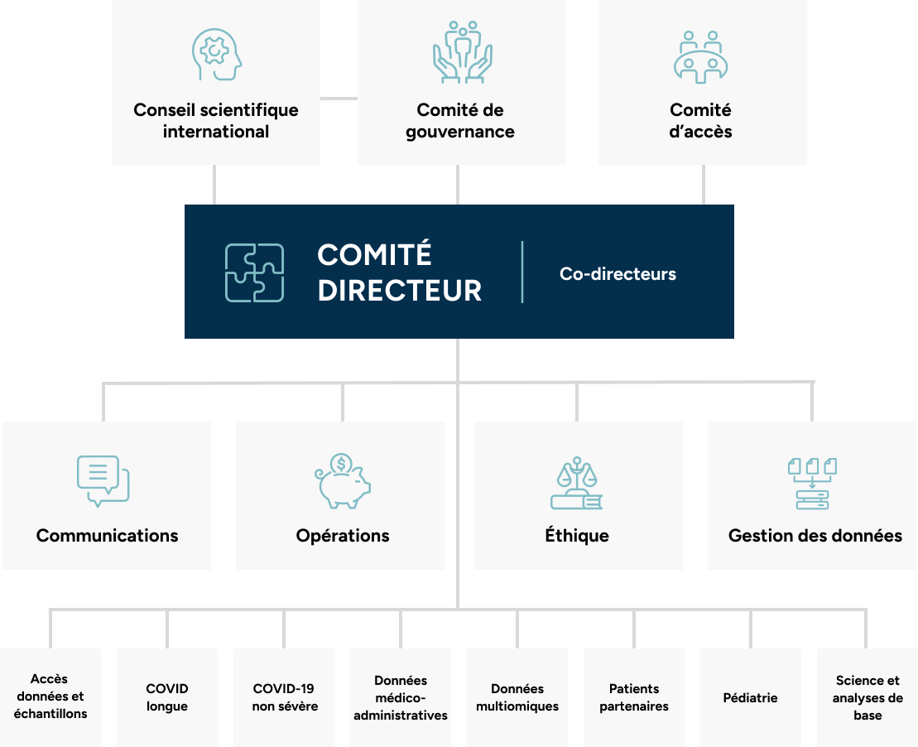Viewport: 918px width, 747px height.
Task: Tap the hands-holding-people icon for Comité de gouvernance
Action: click(463, 52)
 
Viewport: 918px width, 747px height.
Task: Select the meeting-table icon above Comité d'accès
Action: click(701, 57)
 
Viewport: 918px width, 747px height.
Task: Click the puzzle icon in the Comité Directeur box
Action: click(255, 273)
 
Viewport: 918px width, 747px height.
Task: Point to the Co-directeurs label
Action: click(618, 273)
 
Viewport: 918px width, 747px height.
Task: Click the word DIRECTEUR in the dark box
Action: click(400, 291)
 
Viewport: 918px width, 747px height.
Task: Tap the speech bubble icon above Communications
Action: click(103, 481)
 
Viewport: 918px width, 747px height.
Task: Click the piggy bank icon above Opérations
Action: click(343, 481)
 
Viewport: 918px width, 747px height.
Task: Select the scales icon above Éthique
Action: click(577, 483)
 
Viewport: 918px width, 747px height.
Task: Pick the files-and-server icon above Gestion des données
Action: click(812, 484)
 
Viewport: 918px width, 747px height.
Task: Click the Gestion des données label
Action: click(815, 536)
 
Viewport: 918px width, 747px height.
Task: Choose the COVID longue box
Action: click(167, 697)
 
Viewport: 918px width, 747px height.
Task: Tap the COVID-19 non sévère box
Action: click(284, 697)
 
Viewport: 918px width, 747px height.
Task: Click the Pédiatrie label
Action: click(750, 698)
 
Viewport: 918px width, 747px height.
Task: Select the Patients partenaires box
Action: click(634, 697)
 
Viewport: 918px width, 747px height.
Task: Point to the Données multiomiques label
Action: click(517, 697)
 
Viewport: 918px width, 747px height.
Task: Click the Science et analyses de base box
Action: click(868, 697)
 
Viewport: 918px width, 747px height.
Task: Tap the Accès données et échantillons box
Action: click(50, 697)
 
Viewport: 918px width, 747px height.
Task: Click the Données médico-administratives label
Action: click(401, 698)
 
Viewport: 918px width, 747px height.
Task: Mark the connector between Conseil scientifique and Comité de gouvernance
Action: click(339, 99)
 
